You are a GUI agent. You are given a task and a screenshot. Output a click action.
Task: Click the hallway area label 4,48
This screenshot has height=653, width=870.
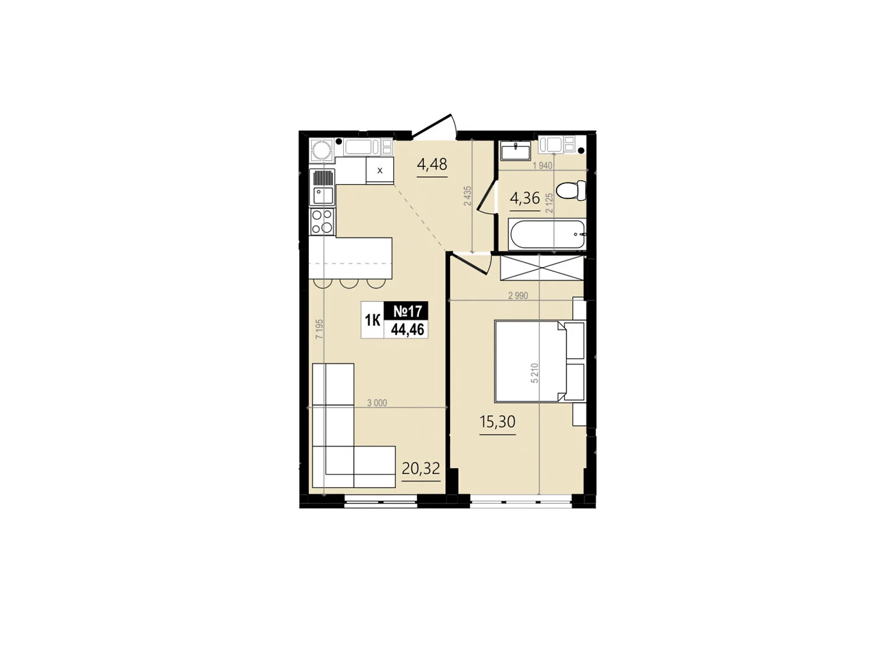pyautogui.click(x=432, y=164)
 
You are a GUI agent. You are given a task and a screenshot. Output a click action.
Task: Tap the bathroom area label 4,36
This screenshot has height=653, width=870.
pyautogui.click(x=524, y=198)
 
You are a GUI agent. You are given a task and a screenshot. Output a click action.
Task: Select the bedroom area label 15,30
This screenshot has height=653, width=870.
pyautogui.click(x=497, y=422)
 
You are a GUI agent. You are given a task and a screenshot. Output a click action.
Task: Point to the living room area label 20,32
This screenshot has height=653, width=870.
pyautogui.click(x=420, y=469)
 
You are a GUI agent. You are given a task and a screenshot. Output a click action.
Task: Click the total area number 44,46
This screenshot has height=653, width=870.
pyautogui.click(x=407, y=329)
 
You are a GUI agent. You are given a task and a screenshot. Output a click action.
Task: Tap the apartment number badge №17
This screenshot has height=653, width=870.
pyautogui.click(x=407, y=311)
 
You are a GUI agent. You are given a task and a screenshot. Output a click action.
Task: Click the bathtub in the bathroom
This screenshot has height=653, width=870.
pyautogui.click(x=547, y=235)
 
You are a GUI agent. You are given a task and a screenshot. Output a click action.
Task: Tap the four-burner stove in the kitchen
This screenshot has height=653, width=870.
pyautogui.click(x=322, y=221)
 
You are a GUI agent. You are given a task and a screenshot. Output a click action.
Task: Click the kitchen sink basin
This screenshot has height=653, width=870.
pyautogui.click(x=322, y=195)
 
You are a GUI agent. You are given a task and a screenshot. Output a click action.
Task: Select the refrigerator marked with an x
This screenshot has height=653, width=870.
pyautogui.click(x=380, y=170)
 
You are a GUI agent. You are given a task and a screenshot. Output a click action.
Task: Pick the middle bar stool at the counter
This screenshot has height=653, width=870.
pyautogui.click(x=349, y=284)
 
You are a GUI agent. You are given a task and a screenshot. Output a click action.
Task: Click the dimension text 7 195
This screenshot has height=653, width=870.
pyautogui.click(x=320, y=329)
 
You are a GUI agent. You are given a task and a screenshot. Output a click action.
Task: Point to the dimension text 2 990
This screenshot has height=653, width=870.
pyautogui.click(x=518, y=295)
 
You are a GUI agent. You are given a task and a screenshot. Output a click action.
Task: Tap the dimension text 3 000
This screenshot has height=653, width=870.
pyautogui.click(x=377, y=403)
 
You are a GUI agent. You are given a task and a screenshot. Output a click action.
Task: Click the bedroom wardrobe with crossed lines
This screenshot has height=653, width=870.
pyautogui.click(x=542, y=268)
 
